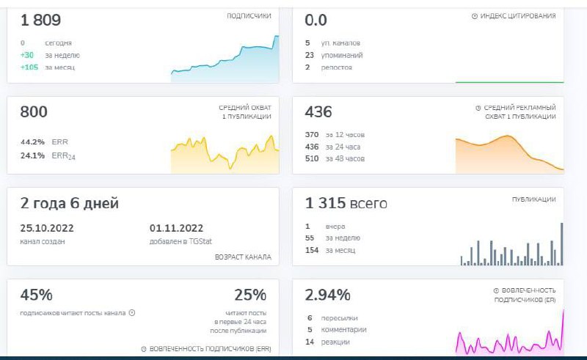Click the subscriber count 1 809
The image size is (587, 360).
40,20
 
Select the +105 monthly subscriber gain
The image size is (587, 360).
29,67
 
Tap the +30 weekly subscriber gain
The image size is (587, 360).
27,55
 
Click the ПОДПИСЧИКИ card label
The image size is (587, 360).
249,15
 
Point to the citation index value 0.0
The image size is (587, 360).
316,20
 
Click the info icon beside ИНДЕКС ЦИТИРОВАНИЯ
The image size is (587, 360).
474,16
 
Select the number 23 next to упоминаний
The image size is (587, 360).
309,55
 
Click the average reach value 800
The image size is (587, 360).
34,111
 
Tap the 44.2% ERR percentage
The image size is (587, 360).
32,142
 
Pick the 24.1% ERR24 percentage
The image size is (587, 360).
32,155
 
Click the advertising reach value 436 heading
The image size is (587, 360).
318,111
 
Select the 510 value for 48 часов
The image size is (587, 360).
312,158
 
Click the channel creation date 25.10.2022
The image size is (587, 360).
47,228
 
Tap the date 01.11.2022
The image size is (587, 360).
176,228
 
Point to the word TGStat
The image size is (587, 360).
200,241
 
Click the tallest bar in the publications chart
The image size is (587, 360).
561,244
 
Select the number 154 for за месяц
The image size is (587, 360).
312,250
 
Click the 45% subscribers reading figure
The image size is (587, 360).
36,295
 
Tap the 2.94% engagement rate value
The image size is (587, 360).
327,295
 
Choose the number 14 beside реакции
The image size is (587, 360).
310,342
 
